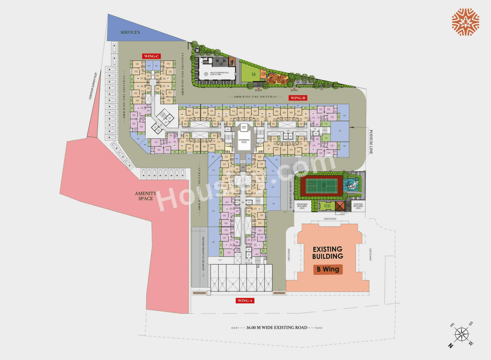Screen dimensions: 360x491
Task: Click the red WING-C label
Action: [x=151, y=56]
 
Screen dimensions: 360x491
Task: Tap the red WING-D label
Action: [x=298, y=98]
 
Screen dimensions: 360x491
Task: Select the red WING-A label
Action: [x=245, y=301]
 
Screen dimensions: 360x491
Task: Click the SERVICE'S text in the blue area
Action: [x=130, y=33]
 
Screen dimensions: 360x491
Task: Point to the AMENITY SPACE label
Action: [x=145, y=196]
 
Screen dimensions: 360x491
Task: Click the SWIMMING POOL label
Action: [x=244, y=141]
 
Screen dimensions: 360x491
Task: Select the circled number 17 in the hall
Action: [x=206, y=74]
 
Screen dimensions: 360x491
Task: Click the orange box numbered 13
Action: [x=263, y=74]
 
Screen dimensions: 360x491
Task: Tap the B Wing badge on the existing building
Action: [x=328, y=269]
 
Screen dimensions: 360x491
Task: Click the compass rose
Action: [x=462, y=334]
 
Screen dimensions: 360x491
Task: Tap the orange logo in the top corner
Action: [x=465, y=22]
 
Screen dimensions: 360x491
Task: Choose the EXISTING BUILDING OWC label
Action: [x=359, y=206]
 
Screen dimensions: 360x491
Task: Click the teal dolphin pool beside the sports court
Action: [x=352, y=186]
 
